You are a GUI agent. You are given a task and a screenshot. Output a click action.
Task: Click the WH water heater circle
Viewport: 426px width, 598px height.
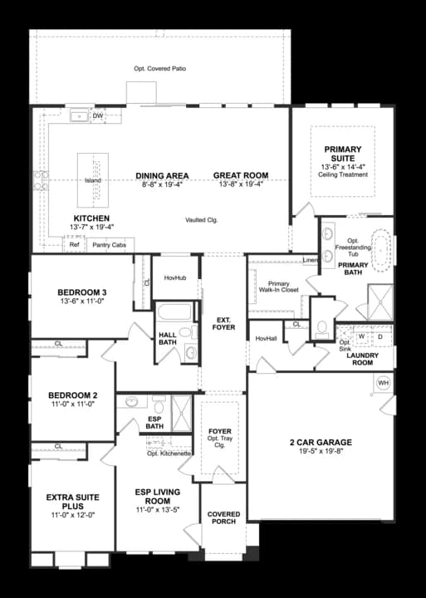[x=383, y=383]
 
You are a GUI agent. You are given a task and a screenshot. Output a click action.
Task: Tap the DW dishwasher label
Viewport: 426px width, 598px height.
[x=97, y=116]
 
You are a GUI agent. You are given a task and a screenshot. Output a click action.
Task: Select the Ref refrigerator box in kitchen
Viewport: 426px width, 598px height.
[x=74, y=245]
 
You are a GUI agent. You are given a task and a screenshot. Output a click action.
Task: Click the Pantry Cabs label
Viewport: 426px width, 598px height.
[x=109, y=245]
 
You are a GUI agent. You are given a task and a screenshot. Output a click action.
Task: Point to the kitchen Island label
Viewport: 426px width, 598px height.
[x=93, y=180]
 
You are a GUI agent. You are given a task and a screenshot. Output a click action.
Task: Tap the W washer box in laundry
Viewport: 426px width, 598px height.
[x=361, y=336]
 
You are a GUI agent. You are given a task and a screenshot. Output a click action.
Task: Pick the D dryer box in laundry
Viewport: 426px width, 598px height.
[x=380, y=336]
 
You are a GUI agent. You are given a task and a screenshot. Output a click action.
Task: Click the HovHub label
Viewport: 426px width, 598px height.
[x=174, y=278]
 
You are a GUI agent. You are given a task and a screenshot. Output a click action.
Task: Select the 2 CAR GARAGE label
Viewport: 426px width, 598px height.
[x=322, y=442]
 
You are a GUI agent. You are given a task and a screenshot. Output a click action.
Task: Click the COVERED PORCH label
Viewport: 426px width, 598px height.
[x=223, y=518]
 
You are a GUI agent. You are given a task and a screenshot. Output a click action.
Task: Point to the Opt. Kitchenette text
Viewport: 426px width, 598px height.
[x=169, y=453]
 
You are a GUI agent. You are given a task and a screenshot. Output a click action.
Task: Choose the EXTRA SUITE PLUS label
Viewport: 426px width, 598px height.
[x=72, y=501]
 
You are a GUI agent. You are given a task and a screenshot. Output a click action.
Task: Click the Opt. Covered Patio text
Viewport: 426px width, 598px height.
[x=159, y=68]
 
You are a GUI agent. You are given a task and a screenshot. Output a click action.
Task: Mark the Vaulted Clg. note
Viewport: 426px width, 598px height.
[x=201, y=219]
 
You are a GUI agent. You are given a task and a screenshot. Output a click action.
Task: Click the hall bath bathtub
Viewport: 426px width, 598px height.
[x=174, y=315]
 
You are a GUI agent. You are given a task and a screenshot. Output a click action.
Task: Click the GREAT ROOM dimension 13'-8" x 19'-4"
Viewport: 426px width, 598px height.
[x=241, y=184]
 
